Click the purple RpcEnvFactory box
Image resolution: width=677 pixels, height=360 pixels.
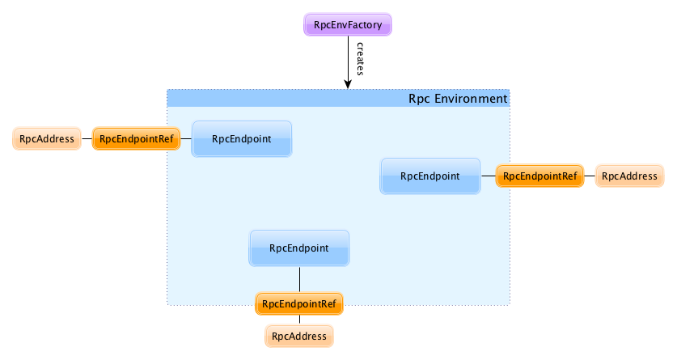coord(348,25)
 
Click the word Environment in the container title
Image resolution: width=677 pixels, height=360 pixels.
coord(475,99)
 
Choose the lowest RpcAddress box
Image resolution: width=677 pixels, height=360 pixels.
coord(298,336)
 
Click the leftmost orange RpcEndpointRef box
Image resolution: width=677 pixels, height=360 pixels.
coord(136,139)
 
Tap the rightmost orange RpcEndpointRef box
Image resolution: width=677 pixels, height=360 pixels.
coord(539,176)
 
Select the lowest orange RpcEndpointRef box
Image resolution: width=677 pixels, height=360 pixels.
coord(299,304)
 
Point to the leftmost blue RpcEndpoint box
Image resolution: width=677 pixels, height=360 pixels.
coord(241,139)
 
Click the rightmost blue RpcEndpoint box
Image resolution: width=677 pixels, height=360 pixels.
coord(430,176)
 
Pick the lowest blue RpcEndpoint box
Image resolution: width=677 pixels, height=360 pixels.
coord(299,248)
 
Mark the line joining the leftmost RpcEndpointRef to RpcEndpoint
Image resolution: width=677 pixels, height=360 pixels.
coord(185,139)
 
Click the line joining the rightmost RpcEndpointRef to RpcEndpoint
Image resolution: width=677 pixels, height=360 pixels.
coord(488,176)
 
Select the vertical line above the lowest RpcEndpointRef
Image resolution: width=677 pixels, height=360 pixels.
coord(299,279)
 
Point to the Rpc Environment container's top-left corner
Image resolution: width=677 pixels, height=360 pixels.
coord(167,90)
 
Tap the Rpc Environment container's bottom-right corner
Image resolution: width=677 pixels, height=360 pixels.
coord(510,304)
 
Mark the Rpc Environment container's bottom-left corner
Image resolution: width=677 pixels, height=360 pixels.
coord(167,304)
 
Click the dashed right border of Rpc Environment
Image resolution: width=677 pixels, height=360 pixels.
coord(510,243)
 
